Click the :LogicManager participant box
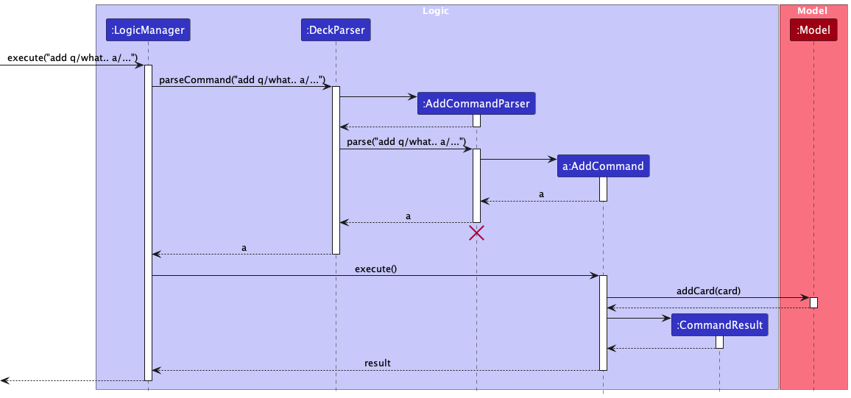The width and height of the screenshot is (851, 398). [148, 30]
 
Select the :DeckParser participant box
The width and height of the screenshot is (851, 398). [336, 30]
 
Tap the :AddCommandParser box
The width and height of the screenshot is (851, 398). [476, 104]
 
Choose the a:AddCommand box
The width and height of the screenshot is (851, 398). [603, 166]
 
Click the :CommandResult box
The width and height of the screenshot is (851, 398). [720, 324]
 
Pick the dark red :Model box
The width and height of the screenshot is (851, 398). [813, 30]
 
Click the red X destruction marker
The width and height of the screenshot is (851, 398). [476, 233]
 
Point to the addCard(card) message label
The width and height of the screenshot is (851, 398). [708, 291]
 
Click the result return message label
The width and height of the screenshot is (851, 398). [377, 363]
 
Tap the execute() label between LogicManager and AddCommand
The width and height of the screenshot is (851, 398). [375, 269]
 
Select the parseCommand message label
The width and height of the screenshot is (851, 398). [242, 80]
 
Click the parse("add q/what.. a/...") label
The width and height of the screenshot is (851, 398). [406, 142]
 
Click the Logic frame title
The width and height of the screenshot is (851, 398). [436, 11]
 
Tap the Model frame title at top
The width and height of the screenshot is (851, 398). [813, 11]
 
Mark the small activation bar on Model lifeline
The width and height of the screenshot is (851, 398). [813, 302]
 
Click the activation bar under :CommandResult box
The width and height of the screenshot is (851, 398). [720, 342]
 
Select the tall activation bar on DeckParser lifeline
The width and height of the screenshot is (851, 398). [336, 170]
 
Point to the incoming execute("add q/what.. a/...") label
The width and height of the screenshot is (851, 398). [72, 58]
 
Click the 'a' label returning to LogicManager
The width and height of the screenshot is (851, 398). [244, 248]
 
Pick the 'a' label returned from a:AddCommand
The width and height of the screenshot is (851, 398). [541, 195]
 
